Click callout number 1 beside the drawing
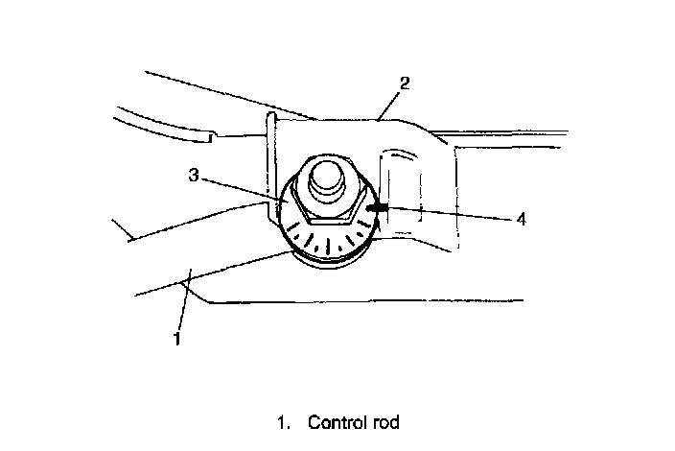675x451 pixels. (x=175, y=337)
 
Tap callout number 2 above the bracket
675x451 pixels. (x=405, y=83)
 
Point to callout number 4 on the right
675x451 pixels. (x=521, y=219)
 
